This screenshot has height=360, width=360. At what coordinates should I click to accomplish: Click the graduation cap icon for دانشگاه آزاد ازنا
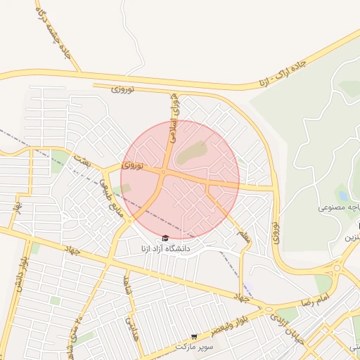pyautogui.click(x=165, y=238)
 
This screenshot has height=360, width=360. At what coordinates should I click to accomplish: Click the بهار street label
pyautogui.click(x=15, y=207)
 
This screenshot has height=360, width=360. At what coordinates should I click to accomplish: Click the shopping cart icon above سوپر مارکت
pyautogui.click(x=194, y=337)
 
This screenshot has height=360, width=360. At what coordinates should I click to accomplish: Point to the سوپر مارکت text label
pyautogui.click(x=194, y=348)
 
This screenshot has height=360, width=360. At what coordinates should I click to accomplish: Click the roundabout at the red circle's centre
pyautogui.click(x=164, y=172)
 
